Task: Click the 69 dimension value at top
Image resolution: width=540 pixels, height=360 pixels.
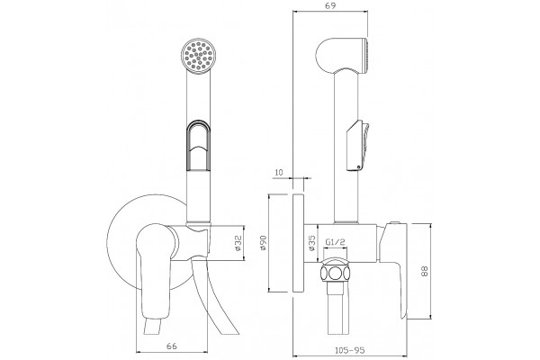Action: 330,5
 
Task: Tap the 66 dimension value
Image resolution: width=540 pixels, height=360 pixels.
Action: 172,346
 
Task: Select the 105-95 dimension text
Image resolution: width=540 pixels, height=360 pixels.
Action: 349,350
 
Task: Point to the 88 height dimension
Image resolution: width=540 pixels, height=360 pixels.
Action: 425,270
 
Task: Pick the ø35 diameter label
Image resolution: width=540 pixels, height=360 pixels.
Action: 312,243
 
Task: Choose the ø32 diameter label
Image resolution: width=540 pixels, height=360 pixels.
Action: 238,243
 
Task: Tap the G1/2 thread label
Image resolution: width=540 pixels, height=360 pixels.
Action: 335,242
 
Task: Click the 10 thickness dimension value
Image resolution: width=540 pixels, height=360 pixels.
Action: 279,172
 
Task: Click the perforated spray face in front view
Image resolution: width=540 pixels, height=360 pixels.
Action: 199,55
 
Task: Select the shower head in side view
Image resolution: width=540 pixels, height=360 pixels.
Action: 342,55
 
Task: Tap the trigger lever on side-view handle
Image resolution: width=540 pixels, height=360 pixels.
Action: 358,145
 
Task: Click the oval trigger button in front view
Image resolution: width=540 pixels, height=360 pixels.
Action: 198,144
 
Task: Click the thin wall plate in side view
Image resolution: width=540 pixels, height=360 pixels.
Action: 298,243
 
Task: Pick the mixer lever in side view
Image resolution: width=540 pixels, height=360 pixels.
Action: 393,269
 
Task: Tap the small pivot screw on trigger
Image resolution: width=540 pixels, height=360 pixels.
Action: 359,167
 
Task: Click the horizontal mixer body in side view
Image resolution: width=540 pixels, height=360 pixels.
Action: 346,243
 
